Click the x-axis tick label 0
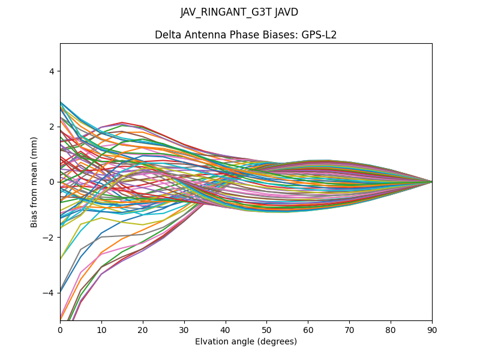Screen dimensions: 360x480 point(60,329)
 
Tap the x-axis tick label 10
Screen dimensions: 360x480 point(101,329)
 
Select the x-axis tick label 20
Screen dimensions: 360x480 point(143,329)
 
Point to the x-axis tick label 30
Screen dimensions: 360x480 point(184,329)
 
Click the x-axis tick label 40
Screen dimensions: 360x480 point(226,329)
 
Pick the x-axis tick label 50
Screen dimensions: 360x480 point(266,329)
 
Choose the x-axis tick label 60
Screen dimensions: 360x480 point(308,329)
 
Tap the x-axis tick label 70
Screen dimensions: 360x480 point(349,329)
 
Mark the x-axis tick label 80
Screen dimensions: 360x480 point(391,329)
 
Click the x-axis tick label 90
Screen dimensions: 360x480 point(432,329)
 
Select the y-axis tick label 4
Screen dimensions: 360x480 point(52,71)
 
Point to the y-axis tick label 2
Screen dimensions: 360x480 point(52,127)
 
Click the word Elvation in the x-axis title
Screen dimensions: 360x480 point(211,341)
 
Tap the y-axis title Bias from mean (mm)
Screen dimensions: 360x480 point(34,182)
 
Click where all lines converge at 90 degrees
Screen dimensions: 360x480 point(431,182)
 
